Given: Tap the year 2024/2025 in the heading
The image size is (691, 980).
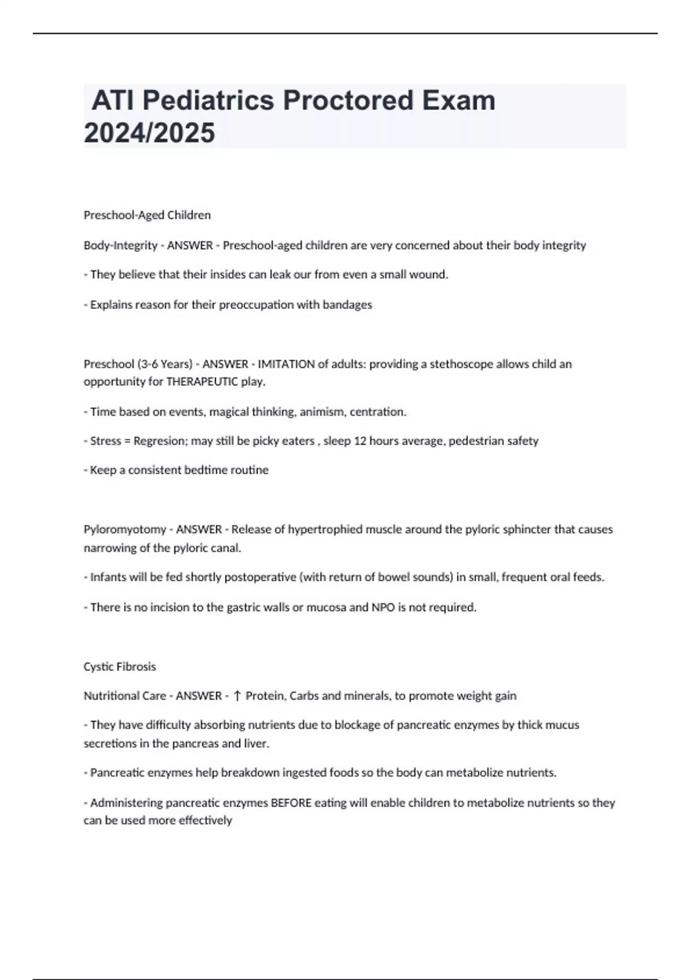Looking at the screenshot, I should [x=149, y=133].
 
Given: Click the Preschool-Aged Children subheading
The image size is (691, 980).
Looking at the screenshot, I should [x=147, y=215].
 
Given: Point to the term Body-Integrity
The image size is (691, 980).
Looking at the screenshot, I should [x=120, y=245].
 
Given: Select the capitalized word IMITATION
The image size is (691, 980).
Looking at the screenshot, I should [x=286, y=364].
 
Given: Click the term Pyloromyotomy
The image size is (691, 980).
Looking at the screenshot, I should [x=124, y=529].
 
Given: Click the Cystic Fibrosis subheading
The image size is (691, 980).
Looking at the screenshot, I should [x=120, y=666].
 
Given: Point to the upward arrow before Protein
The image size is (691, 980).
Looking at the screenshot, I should [x=237, y=696].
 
